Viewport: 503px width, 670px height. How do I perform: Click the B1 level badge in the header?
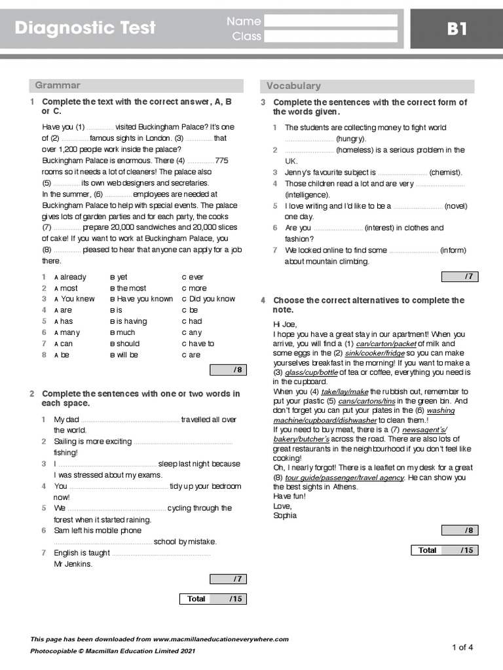pyautogui.click(x=456, y=29)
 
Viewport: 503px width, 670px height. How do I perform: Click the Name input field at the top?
pyautogui.click(x=331, y=21)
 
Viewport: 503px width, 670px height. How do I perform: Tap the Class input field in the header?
pyautogui.click(x=331, y=37)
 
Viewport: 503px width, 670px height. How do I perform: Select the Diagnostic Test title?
pyautogui.click(x=85, y=28)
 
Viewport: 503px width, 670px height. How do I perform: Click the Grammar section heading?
pyautogui.click(x=58, y=85)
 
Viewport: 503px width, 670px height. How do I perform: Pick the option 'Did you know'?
pyautogui.click(x=208, y=299)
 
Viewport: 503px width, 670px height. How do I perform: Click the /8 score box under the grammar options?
pyautogui.click(x=228, y=370)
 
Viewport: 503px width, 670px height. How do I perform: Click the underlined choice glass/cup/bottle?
pyautogui.click(x=311, y=372)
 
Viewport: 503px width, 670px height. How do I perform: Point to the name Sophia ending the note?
pyautogui.click(x=285, y=516)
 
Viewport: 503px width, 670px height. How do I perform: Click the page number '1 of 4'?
pyautogui.click(x=462, y=647)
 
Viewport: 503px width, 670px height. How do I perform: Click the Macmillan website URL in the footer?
pyautogui.click(x=221, y=639)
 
